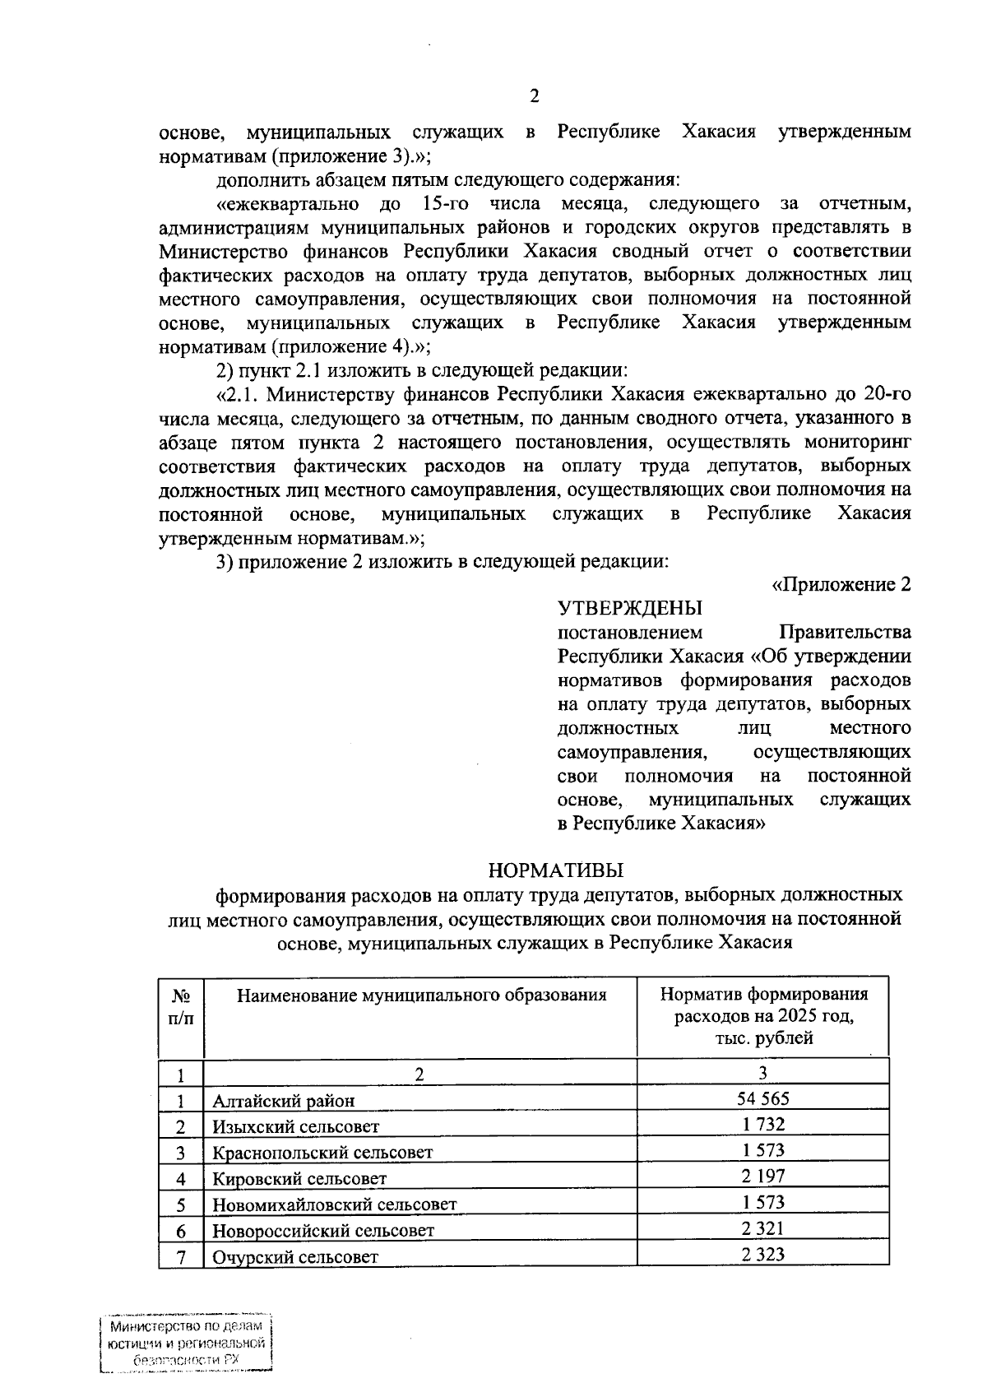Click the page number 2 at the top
point(534,97)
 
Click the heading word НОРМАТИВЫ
point(555,870)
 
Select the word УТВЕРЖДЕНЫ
point(630,609)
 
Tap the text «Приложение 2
point(840,585)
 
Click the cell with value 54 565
point(762,1098)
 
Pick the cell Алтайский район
point(284,1101)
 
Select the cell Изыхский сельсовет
point(296,1127)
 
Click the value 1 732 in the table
point(762,1125)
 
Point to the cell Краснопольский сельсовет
point(322,1153)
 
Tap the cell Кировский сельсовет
point(299,1179)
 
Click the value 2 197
point(762,1177)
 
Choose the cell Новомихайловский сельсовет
point(334,1205)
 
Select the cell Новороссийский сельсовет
point(323,1232)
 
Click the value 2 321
point(762,1228)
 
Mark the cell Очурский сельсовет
point(295,1257)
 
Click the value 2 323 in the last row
point(762,1255)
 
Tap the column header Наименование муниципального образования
point(421,996)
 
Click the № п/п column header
point(181,1007)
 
